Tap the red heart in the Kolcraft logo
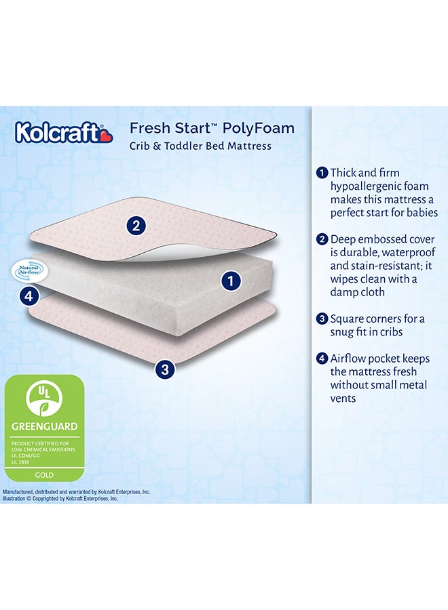tap(107, 137)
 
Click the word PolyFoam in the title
tap(257, 129)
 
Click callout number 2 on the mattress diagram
tap(136, 226)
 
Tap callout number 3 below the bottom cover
tap(165, 369)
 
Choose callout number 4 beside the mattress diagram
tap(27, 295)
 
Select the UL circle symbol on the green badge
tap(44, 399)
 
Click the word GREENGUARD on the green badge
tap(44, 427)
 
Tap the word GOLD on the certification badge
tap(44, 476)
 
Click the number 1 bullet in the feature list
tap(322, 173)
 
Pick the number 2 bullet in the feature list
tap(322, 239)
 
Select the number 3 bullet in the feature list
tap(322, 319)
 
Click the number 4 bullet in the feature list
tap(322, 359)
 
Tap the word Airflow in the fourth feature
tap(350, 359)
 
